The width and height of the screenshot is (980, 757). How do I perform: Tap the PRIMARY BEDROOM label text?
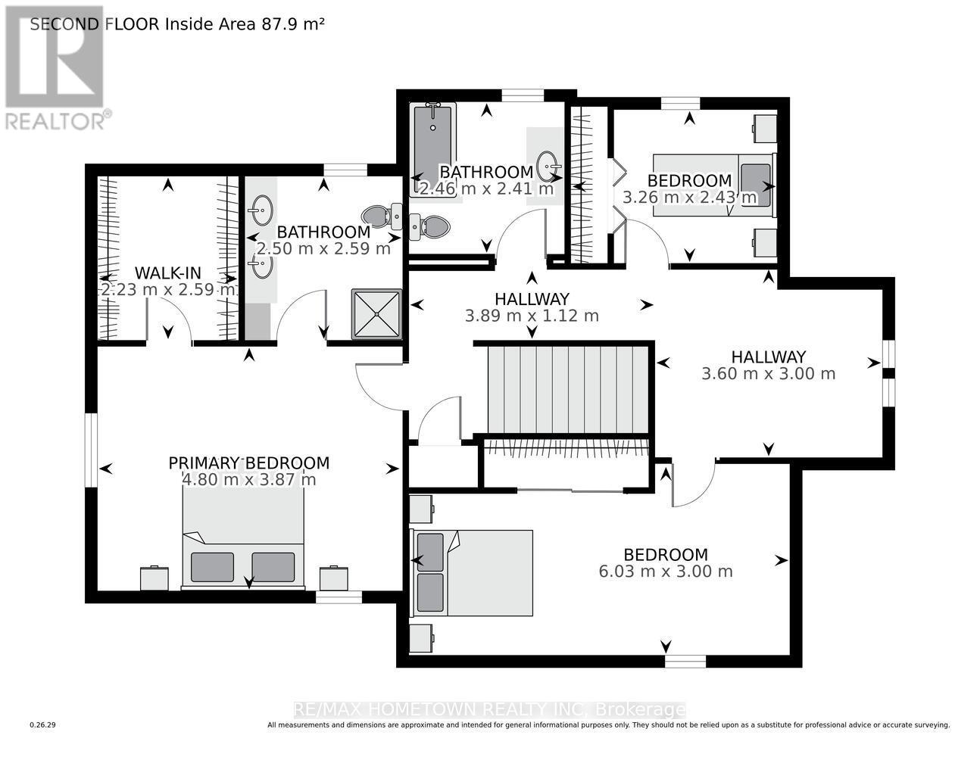pyautogui.click(x=248, y=463)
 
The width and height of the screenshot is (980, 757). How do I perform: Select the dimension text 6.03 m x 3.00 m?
pyautogui.click(x=665, y=572)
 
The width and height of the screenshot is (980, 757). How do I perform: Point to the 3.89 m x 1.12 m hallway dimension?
pyautogui.click(x=532, y=316)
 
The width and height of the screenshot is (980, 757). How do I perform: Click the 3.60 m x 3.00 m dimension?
pyautogui.click(x=768, y=373)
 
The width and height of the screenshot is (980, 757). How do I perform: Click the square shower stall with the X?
pyautogui.click(x=376, y=313)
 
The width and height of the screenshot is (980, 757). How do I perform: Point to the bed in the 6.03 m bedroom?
pyautogui.click(x=471, y=572)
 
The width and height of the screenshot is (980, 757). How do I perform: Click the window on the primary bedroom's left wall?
pyautogui.click(x=91, y=450)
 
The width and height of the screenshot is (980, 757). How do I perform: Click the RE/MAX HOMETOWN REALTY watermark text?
pyautogui.click(x=489, y=709)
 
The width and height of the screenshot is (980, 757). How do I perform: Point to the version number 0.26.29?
pyautogui.click(x=43, y=725)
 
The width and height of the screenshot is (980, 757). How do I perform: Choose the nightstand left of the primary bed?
pyautogui.click(x=155, y=578)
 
